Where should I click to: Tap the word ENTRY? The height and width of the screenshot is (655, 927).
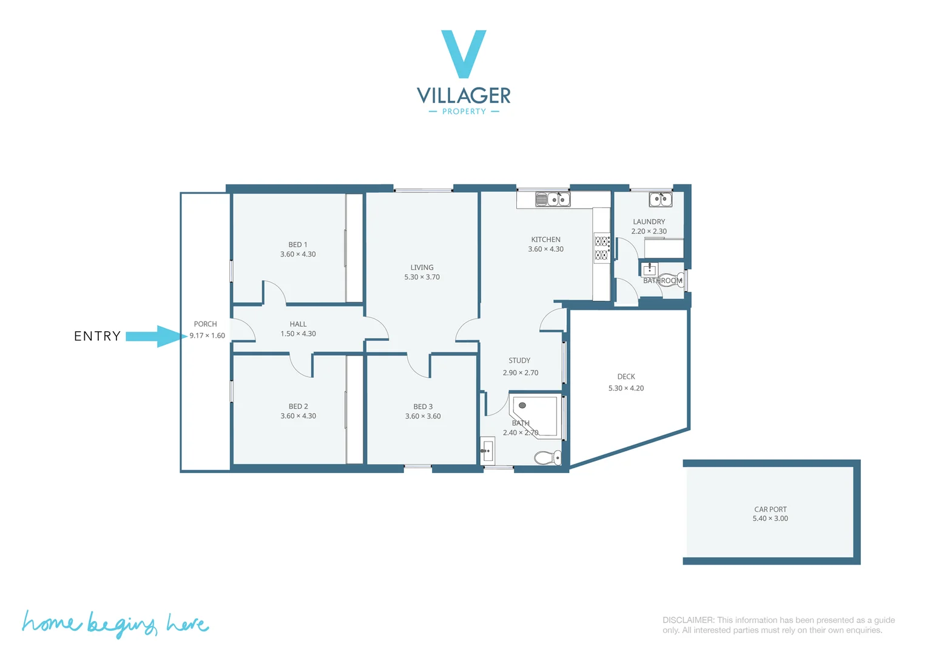tap(97, 336)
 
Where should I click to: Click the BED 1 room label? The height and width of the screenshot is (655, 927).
tap(297, 244)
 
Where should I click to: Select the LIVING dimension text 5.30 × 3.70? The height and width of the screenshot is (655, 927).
tap(422, 277)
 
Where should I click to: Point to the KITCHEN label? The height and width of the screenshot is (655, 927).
tap(545, 240)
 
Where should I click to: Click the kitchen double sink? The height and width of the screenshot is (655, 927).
tap(553, 199)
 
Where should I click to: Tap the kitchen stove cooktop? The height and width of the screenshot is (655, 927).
tap(601, 247)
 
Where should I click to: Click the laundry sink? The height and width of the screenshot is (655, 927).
tap(660, 199)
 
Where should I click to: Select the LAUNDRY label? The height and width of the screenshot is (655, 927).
tap(649, 222)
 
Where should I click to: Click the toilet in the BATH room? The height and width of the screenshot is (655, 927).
tap(548, 457)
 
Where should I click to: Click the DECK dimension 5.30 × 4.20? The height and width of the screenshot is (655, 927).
tap(626, 388)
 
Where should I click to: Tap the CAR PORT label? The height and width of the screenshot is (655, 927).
tap(770, 509)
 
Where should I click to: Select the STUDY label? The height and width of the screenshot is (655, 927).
tap(519, 360)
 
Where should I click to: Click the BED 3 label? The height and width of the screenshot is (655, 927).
tap(423, 406)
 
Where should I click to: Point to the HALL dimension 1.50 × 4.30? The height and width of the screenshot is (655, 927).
tap(298, 334)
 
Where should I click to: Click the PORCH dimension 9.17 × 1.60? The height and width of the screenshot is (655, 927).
tap(207, 335)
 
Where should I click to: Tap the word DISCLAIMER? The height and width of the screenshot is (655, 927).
tap(688, 620)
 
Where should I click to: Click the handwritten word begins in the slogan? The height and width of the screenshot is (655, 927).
tap(121, 625)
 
